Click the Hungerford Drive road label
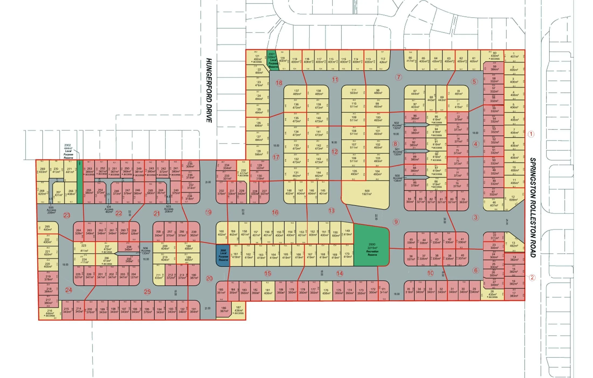(x=209, y=90)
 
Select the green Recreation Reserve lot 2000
(x=372, y=248)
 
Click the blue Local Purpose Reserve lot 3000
(x=223, y=255)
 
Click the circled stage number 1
(x=531, y=134)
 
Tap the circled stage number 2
(x=532, y=277)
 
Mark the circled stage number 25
(x=147, y=292)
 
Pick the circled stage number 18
(x=279, y=83)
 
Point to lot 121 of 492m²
(x=257, y=58)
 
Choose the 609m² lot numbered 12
(x=513, y=198)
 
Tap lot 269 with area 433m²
(x=43, y=170)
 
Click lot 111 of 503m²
(x=354, y=92)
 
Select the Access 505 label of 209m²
(x=51, y=210)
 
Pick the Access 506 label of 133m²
(x=145, y=251)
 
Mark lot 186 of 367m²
(x=224, y=309)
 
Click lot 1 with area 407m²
(x=514, y=55)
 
